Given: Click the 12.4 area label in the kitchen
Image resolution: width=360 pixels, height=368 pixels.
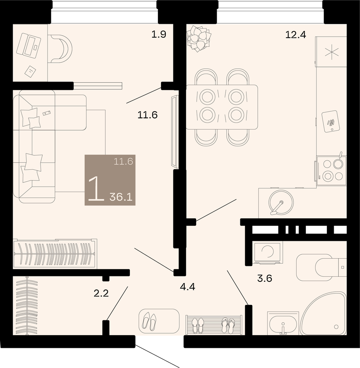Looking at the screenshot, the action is point(295,35).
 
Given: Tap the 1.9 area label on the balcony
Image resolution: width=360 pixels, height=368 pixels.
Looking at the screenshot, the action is point(159,34).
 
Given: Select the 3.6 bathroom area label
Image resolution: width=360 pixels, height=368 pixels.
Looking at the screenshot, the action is point(265,278).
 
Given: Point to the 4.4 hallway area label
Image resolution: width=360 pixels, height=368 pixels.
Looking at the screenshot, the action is point(188,287).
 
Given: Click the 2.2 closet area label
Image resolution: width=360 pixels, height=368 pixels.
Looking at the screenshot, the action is point(101,293).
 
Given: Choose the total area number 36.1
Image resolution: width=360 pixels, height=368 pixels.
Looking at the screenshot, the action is point(121,197).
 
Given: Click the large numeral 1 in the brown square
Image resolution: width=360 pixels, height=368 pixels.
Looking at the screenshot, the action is point(96,189).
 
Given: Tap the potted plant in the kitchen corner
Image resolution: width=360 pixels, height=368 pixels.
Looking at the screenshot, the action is point(199,38).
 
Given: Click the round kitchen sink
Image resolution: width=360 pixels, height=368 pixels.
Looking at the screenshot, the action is point(281,202).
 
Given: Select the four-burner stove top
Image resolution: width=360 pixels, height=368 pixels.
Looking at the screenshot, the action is point(332,170).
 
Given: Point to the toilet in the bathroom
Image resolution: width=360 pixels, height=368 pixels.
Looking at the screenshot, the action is point(321,267).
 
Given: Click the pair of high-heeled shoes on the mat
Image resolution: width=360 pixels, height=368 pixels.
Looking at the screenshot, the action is point(149,321).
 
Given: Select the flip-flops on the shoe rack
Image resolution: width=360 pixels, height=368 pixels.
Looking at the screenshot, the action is point(228,325).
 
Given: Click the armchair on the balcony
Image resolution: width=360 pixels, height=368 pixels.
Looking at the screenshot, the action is point(60,49).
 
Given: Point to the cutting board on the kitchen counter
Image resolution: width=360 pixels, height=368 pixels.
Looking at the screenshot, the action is point(330,121).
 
